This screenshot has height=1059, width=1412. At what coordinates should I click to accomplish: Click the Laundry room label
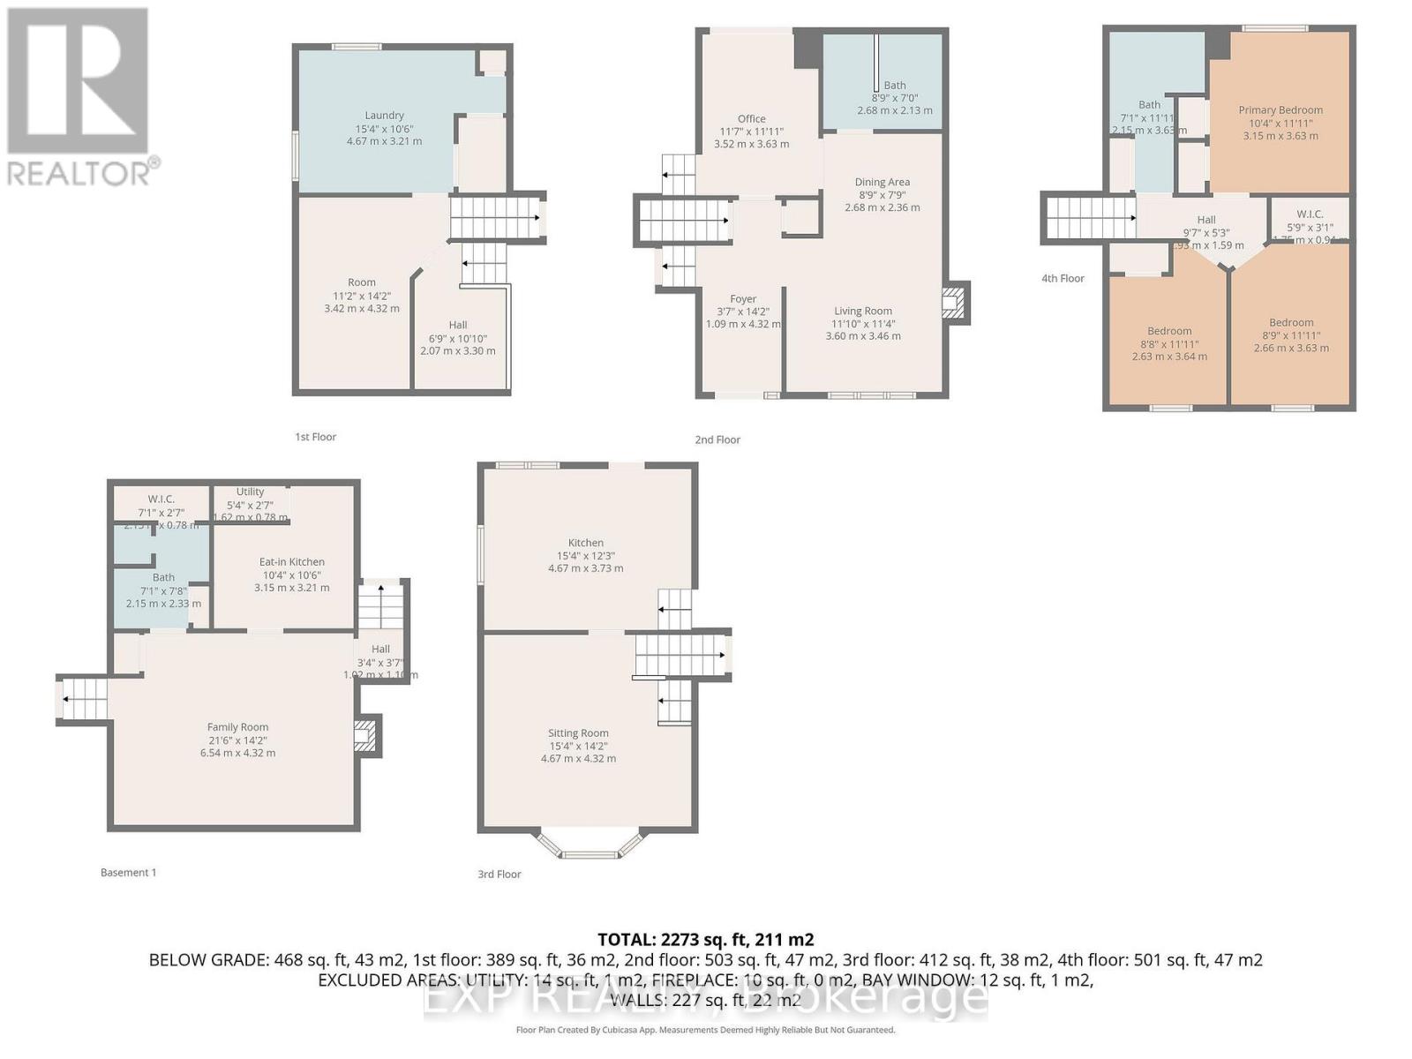click(x=384, y=116)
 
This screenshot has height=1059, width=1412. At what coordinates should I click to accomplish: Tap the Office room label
click(x=751, y=119)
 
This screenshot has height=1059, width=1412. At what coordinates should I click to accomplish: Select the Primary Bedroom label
click(x=1280, y=110)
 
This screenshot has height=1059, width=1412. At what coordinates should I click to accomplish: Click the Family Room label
click(x=237, y=728)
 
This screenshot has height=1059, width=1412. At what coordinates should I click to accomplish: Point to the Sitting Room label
click(x=578, y=733)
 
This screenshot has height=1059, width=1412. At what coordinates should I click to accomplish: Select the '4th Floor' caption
click(x=1063, y=279)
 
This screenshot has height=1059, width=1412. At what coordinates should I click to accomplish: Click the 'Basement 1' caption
click(x=128, y=873)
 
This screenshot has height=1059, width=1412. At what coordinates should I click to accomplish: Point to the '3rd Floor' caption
click(x=499, y=875)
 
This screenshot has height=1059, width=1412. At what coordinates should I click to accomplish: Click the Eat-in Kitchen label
click(x=291, y=562)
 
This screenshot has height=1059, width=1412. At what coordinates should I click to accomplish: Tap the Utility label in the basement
click(x=250, y=492)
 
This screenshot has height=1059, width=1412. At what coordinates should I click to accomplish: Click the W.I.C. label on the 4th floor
click(x=1310, y=214)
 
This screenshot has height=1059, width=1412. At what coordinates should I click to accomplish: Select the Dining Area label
click(x=882, y=183)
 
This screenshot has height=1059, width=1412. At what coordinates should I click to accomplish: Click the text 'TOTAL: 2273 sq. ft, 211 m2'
click(x=705, y=940)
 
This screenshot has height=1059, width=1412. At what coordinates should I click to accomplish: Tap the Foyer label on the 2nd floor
click(x=743, y=299)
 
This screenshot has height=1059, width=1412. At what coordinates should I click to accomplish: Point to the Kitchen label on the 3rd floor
click(x=585, y=544)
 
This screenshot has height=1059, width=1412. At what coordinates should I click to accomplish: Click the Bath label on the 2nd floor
click(x=894, y=86)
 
